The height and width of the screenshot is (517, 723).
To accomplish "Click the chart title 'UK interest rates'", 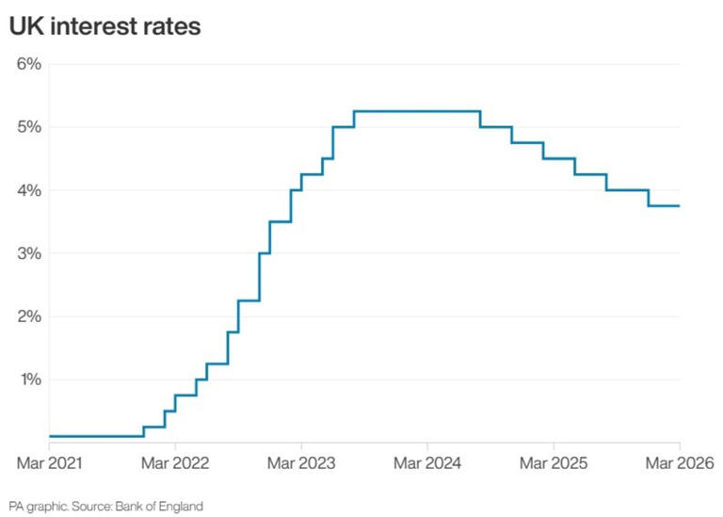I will [x=104, y=26].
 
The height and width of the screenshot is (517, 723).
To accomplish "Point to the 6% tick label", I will [x=27, y=64].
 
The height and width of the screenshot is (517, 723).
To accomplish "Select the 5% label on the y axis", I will [x=27, y=127].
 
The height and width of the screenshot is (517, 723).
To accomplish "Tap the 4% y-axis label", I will [x=27, y=190].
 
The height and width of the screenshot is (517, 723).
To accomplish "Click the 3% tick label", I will [x=27, y=253].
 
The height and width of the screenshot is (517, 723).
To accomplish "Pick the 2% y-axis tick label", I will [x=27, y=316].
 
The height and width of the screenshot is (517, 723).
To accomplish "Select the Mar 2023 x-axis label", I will [x=301, y=463].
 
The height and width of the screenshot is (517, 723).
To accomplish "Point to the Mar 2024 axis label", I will [x=427, y=463].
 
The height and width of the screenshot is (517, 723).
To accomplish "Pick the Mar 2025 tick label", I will [x=554, y=463].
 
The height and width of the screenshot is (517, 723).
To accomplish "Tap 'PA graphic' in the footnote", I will [x=35, y=507].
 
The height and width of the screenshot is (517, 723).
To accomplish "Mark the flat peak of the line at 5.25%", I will [x=417, y=111].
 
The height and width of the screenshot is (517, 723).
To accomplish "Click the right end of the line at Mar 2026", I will [x=679, y=206].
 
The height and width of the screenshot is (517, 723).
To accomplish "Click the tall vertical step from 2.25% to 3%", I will [x=260, y=277].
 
